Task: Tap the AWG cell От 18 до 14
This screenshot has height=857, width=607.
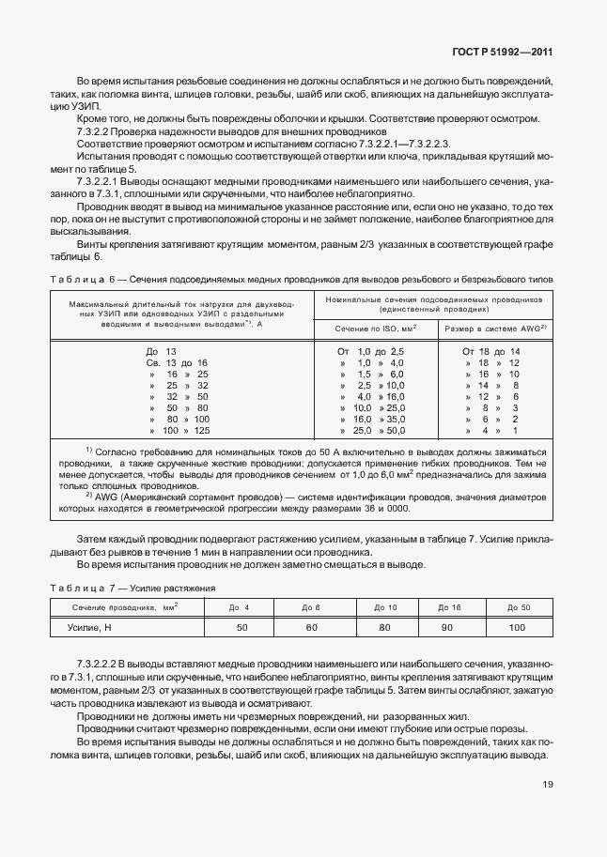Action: [490, 351]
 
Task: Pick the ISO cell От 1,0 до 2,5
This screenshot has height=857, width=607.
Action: [370, 351]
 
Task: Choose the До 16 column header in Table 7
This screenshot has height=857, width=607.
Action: [449, 634]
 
